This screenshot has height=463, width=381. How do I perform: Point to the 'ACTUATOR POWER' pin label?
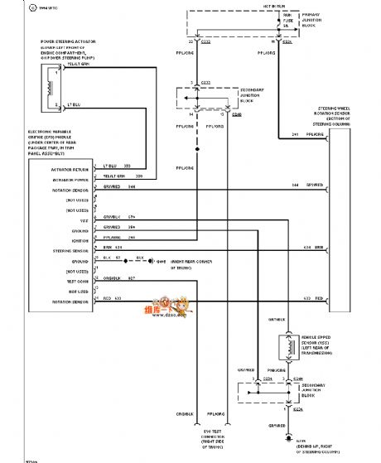[x=48, y=176]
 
